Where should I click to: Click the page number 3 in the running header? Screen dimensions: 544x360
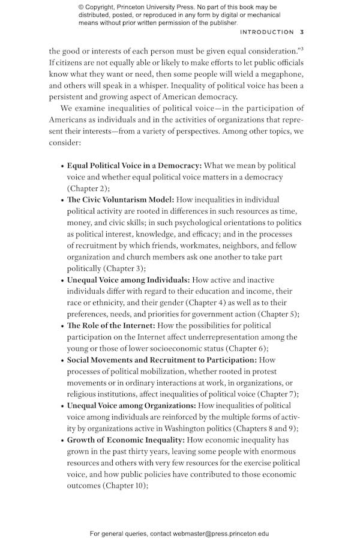[x=302, y=32]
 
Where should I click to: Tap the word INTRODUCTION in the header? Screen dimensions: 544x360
[x=266, y=32]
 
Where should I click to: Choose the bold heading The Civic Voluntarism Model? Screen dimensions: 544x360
[x=121, y=200]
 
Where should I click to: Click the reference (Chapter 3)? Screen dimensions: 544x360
[x=124, y=268]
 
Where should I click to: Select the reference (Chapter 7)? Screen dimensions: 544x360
[x=278, y=394]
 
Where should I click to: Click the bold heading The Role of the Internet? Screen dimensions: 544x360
[x=111, y=326]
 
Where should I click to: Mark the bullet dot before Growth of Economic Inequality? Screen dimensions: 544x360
[x=62, y=441]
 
